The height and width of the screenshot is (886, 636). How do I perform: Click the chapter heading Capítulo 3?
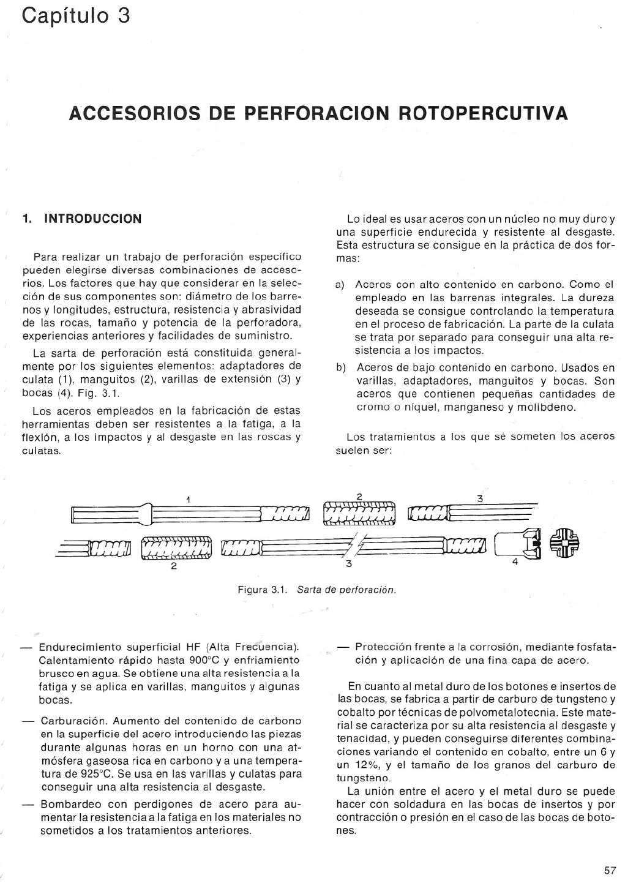click(x=75, y=15)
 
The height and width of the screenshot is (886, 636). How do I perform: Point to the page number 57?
click(x=610, y=870)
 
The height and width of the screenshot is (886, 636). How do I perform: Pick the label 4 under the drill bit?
click(x=515, y=561)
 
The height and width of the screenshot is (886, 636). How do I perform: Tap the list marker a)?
click(x=340, y=285)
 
